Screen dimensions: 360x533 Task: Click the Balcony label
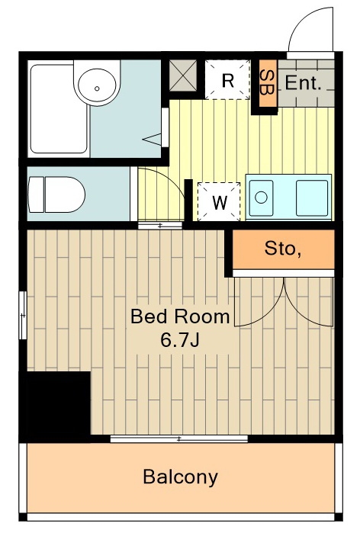pos(180,477)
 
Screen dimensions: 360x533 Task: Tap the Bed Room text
pos(180,316)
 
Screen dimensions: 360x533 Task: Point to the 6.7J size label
pos(180,339)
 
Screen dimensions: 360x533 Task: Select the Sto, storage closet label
pos(283,249)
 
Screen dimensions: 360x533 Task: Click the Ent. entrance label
pos(303,83)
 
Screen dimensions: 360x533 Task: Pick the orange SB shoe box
pos(268,82)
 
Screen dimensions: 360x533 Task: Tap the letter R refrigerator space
pos(227,80)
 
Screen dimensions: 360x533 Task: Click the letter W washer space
pos(219,202)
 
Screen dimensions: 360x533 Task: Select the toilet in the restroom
pos(56,194)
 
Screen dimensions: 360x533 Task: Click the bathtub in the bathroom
pos(59,109)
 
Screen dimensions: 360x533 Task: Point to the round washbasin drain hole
pos(97,88)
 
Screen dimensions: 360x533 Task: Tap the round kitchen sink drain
pos(261,197)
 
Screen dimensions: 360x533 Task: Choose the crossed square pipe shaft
pos(183,75)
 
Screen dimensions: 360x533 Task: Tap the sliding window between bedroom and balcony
pos(179,439)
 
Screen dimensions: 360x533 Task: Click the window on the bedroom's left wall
pos(23,315)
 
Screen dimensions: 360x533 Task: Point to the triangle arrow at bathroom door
pos(153,140)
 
